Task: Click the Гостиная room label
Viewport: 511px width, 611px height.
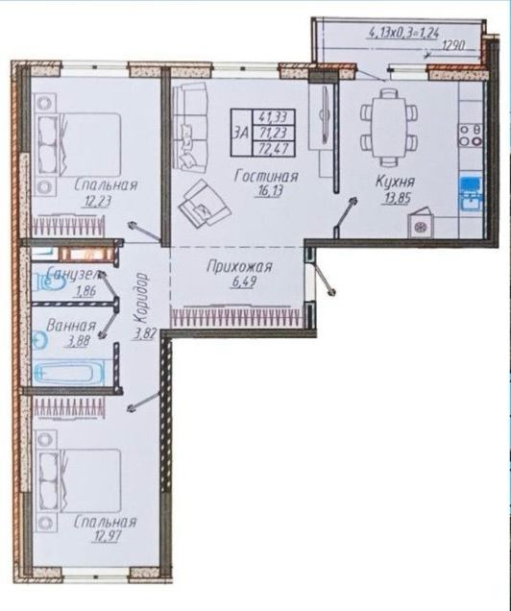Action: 266,177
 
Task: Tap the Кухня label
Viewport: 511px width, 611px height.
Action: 395,182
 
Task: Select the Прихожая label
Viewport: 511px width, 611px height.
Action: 239,267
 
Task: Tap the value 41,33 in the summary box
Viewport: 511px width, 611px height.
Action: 273,116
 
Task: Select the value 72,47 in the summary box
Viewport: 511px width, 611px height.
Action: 273,149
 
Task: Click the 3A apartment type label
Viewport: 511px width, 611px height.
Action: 241,133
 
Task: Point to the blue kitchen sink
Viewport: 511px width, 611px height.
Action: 471,194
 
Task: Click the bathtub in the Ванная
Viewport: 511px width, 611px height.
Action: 69,372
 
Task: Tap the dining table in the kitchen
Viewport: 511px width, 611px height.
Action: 389,126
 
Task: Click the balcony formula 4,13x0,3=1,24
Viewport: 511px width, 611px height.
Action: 403,33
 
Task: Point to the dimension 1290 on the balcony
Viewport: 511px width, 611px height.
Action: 454,46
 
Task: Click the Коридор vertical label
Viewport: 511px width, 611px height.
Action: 141,298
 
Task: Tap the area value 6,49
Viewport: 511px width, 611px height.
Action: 243,281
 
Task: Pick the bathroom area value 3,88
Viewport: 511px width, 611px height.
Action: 79,341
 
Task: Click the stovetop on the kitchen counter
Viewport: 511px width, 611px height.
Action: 471,134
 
